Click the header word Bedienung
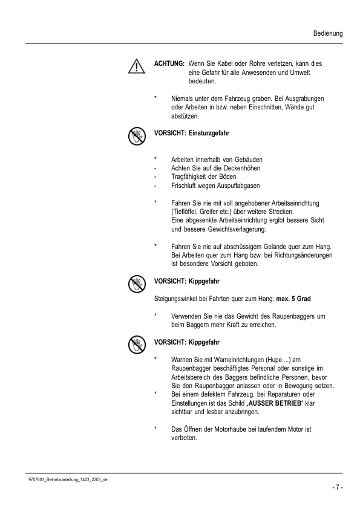[328, 33]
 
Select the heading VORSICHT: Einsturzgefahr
[192, 132]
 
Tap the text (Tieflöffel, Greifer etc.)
[205, 212]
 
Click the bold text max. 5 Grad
[298, 299]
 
